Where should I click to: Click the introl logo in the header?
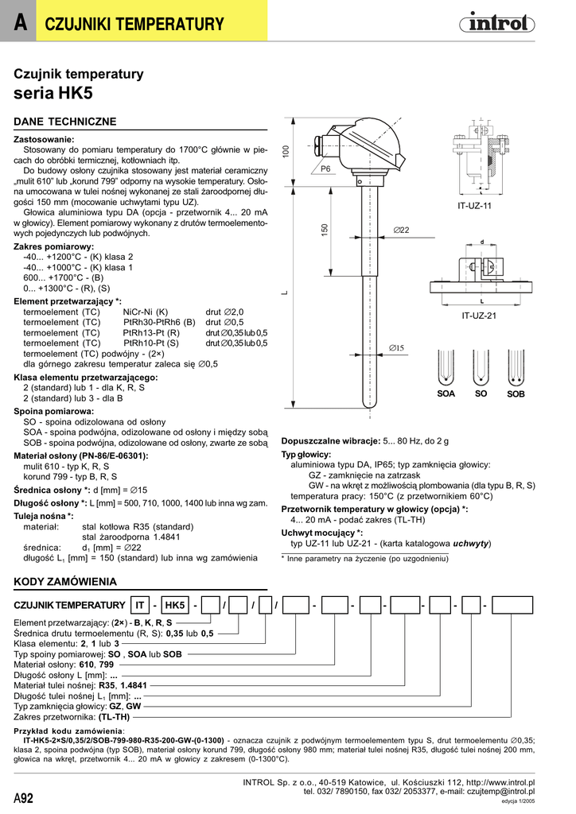[x=498, y=25]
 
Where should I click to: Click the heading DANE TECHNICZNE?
[x=66, y=122]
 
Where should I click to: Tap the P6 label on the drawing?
[x=325, y=169]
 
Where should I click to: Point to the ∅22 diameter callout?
[x=401, y=230]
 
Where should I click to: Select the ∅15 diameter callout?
[x=396, y=347]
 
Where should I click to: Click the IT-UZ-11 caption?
[x=475, y=205]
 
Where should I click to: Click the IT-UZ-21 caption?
[x=479, y=316]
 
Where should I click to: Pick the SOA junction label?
[x=446, y=394]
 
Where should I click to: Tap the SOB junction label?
[x=516, y=394]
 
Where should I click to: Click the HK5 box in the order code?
[x=174, y=606]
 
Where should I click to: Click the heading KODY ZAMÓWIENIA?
[x=66, y=582]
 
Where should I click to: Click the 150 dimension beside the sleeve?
[x=325, y=229]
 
